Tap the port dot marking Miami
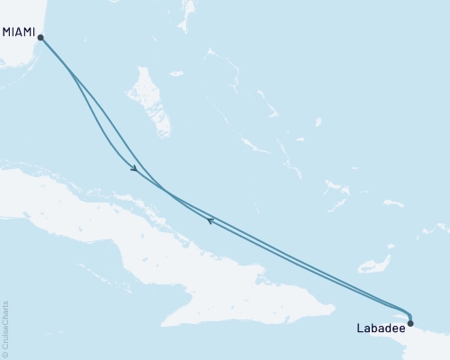(x=40, y=37)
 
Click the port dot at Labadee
(x=410, y=322)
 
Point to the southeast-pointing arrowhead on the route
(x=133, y=168)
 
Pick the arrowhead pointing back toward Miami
(x=210, y=220)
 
